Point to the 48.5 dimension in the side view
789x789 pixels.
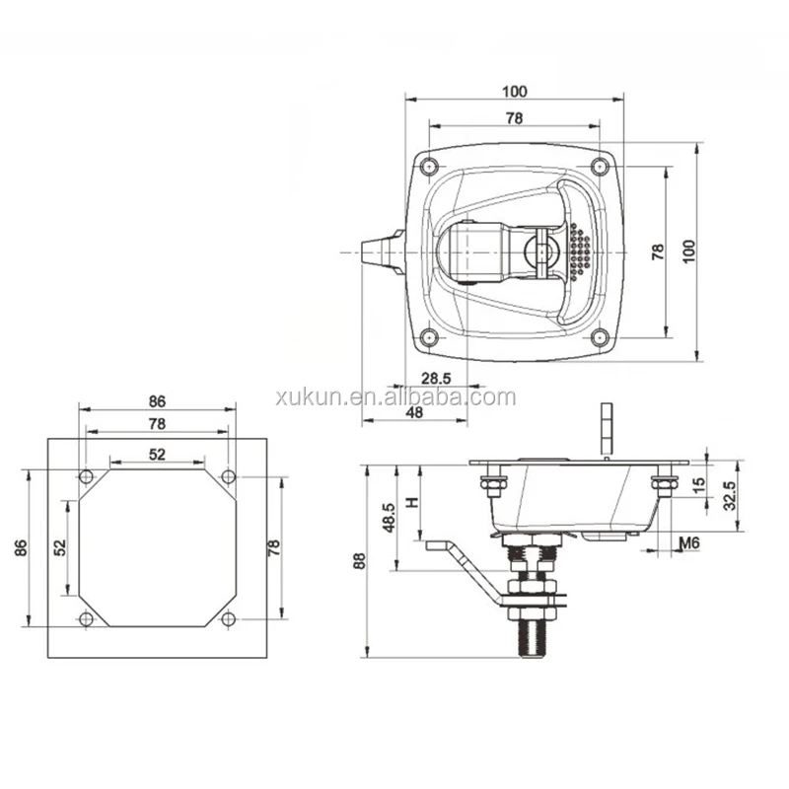(x=390, y=517)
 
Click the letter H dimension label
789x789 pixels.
(x=413, y=500)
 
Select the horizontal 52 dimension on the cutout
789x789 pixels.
(x=158, y=454)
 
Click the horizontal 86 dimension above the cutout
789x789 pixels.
(x=158, y=401)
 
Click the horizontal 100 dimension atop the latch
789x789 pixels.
(x=514, y=91)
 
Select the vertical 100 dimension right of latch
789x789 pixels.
(x=691, y=251)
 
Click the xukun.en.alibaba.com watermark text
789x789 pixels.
(x=394, y=397)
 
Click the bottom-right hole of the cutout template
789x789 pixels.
(x=229, y=619)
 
